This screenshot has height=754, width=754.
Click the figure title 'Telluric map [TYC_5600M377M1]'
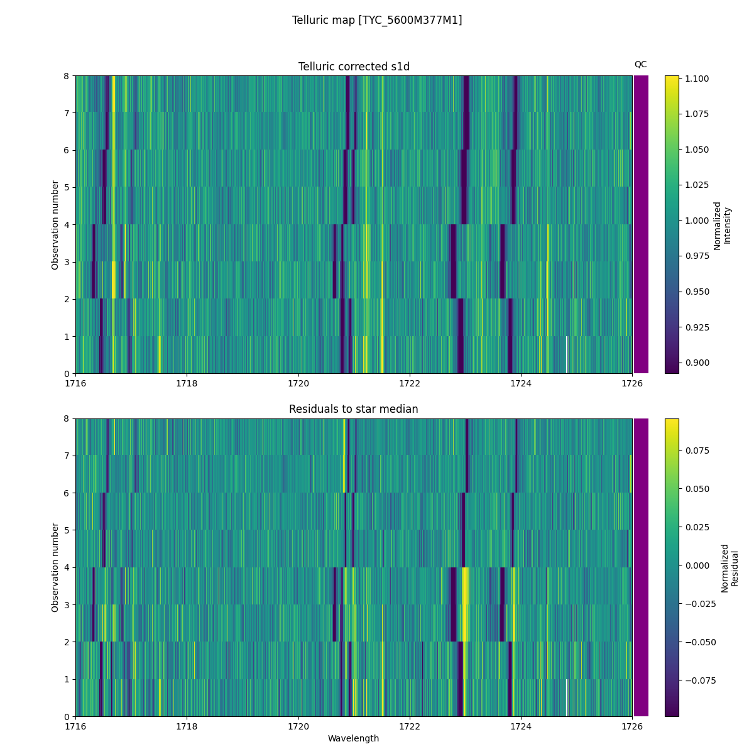click(x=377, y=20)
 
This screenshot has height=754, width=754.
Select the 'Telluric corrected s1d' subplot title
click(x=354, y=67)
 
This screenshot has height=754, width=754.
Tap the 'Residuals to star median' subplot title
click(x=354, y=409)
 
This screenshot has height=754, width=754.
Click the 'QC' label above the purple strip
click(x=640, y=64)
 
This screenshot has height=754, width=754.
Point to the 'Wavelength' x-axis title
click(x=354, y=738)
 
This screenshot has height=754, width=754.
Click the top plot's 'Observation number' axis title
click(x=55, y=225)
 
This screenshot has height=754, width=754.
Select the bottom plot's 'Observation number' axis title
click(x=55, y=567)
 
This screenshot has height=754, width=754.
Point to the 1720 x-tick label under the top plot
click(x=298, y=383)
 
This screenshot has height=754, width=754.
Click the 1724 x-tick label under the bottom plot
click(x=521, y=726)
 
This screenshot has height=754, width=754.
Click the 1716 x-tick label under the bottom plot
click(x=75, y=726)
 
